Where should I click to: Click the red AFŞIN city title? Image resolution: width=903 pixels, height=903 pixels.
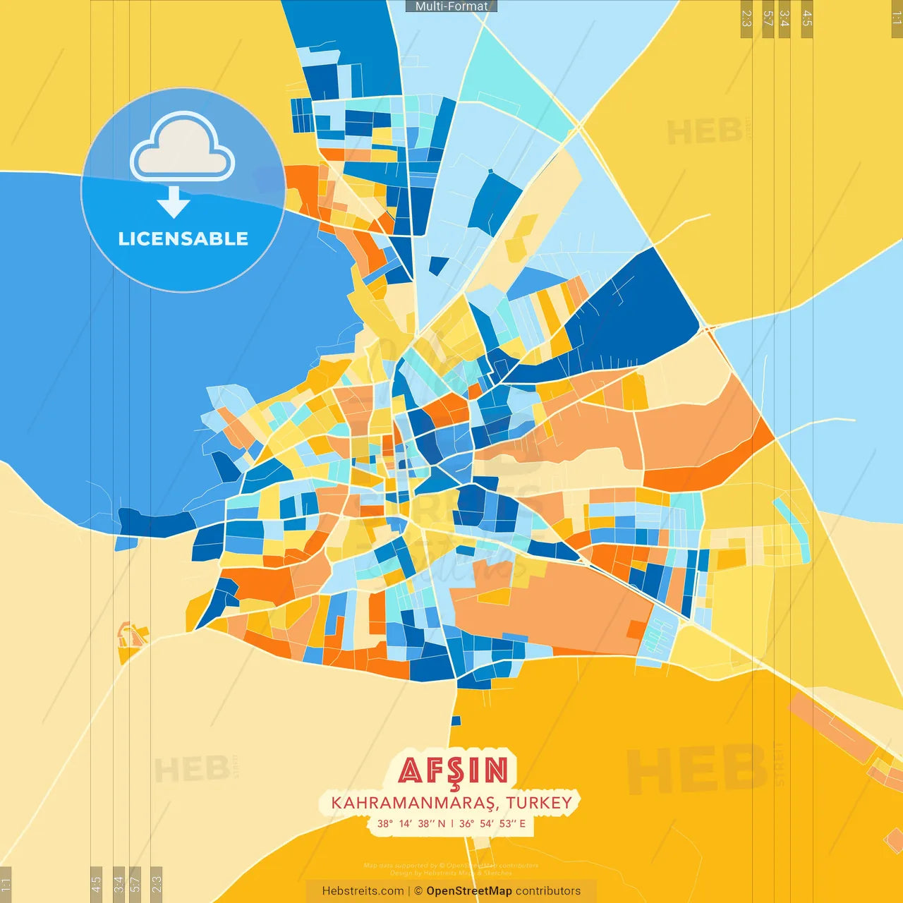(453, 770)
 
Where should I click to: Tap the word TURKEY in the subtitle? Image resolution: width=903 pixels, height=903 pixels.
(539, 803)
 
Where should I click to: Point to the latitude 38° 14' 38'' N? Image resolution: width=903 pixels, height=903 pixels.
(411, 823)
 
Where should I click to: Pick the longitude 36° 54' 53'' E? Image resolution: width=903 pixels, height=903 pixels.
(492, 823)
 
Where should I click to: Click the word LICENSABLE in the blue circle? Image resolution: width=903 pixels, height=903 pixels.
(183, 239)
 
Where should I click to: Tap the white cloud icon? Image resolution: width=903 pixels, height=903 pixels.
(183, 146)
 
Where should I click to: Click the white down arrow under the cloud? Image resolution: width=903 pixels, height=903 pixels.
(174, 202)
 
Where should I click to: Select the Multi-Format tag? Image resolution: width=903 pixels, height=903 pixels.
(451, 6)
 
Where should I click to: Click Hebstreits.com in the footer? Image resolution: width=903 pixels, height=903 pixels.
(363, 891)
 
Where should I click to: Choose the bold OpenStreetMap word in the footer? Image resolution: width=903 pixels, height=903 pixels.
(469, 891)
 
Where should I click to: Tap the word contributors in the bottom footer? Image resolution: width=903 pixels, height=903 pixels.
(548, 891)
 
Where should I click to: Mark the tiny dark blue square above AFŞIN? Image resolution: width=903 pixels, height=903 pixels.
(456, 721)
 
